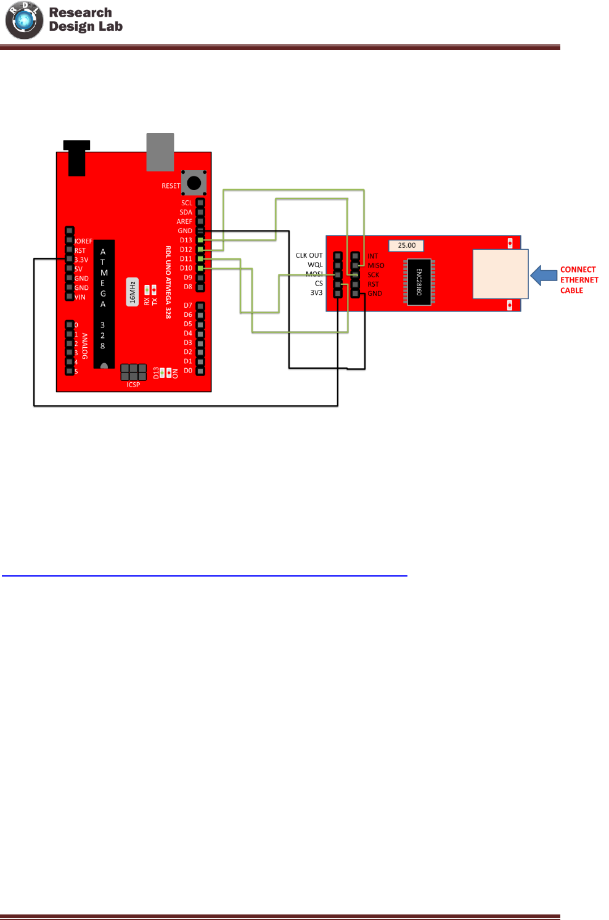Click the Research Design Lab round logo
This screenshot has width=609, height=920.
tap(24, 20)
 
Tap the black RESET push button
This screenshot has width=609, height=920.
tap(194, 183)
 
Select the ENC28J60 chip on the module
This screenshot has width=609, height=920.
tap(419, 282)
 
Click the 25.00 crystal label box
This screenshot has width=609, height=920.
tap(406, 245)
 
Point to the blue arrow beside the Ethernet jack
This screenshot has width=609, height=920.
tap(544, 275)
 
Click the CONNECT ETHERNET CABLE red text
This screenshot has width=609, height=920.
tap(579, 280)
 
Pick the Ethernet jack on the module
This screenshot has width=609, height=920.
tap(500, 274)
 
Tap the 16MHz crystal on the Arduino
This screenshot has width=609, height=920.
tap(132, 292)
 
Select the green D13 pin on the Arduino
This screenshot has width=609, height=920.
tap(200, 240)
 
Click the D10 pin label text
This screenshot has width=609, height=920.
tap(186, 268)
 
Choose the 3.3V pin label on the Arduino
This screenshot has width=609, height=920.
tap(81, 260)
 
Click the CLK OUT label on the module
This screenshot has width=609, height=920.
tap(309, 255)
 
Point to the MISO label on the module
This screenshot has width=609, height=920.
tap(376, 266)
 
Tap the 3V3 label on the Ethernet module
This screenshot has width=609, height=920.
tap(316, 293)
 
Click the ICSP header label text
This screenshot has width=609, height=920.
tap(133, 385)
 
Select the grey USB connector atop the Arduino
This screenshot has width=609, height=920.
tap(160, 152)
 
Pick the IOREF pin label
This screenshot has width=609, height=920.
tap(83, 241)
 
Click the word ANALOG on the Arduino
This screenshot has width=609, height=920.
tap(85, 346)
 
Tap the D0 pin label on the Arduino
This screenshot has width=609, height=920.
tap(188, 371)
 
